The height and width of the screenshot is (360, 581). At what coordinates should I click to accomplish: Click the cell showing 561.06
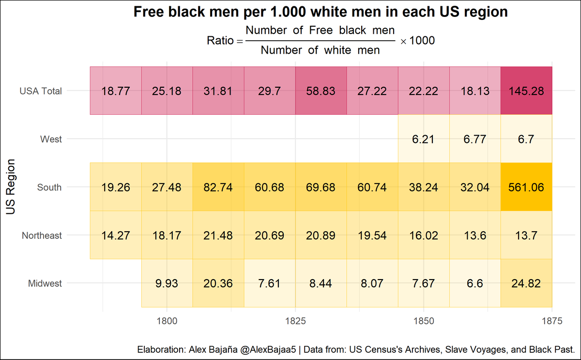point(526,188)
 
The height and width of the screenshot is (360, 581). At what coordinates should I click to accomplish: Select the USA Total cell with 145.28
point(526,91)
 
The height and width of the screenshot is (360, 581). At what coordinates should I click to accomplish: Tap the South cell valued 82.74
point(218,188)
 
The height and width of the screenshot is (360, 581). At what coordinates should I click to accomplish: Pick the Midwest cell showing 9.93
point(167,283)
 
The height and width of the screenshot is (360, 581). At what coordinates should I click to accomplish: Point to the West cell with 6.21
point(424,139)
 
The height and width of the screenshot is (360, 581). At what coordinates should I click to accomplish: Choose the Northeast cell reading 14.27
point(116,235)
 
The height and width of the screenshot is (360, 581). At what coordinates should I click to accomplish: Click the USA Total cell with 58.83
point(321,91)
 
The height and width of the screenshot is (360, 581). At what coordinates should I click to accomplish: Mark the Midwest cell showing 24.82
point(526,283)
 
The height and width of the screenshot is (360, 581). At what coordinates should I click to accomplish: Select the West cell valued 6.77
point(475,139)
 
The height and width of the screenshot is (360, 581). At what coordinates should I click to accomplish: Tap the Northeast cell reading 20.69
point(270,235)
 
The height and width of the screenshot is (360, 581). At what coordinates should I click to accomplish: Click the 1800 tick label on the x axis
point(167,320)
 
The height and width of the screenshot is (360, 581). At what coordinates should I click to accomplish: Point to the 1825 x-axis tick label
point(295,320)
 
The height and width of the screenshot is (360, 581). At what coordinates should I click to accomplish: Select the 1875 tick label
point(551,320)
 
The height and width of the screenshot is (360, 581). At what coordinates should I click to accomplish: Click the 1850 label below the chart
point(423,320)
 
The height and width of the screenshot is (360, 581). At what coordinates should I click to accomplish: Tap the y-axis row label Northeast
point(42,235)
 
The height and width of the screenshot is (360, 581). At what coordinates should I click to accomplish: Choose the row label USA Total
point(41,91)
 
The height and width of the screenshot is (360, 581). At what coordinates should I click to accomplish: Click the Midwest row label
point(45,283)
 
